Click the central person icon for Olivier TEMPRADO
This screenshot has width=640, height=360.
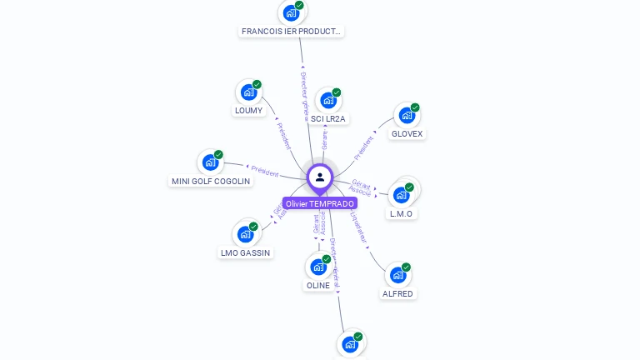320,177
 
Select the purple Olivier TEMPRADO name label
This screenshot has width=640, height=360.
320,203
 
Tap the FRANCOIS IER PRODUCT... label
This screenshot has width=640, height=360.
291,31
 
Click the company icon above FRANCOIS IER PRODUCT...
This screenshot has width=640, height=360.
291,12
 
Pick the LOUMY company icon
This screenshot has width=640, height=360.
248,92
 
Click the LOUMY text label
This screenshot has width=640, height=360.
248,110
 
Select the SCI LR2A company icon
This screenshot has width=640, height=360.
328,100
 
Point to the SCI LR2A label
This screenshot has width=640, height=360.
327,118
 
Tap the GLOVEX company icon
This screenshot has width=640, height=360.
407,115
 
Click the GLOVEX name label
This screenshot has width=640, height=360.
407,133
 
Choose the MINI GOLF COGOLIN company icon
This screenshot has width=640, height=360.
210,162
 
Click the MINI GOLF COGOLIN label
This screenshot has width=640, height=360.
211,181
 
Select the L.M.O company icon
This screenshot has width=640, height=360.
402,194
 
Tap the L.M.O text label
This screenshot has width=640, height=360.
402,213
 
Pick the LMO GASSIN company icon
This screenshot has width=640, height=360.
245,233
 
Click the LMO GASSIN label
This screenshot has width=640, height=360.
245,252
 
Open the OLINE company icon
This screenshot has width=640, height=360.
318,267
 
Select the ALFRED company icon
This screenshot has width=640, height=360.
398,274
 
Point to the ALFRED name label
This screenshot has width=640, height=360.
397,293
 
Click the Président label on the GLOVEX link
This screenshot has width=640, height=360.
363,147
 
